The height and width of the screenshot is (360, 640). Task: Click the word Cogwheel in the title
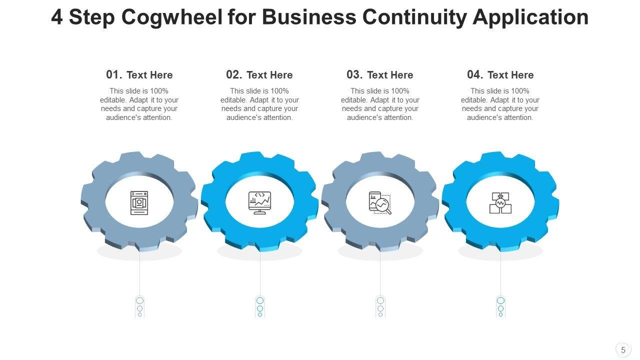pos(171,17)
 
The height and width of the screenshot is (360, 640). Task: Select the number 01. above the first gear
pos(114,75)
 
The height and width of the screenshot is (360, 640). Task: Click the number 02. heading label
pos(234,75)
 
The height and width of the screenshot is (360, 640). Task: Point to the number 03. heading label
pos(354,75)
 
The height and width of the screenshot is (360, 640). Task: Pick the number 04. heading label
pos(475,75)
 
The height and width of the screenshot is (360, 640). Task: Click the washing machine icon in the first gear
pos(139,202)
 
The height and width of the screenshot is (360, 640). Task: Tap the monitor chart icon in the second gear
pos(259,202)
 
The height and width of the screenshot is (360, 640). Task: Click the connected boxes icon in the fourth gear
pos(500,202)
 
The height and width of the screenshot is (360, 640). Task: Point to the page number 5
pos(623,350)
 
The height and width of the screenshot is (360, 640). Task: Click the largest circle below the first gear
pos(139,300)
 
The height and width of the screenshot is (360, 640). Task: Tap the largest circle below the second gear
pos(260,300)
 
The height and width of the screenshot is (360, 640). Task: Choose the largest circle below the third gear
pos(380,300)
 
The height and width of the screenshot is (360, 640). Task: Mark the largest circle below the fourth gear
pos(500,300)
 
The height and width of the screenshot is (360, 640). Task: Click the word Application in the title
pos(530,17)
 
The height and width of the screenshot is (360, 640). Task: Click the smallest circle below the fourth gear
pos(500,314)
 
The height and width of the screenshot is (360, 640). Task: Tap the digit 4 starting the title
pos(57,17)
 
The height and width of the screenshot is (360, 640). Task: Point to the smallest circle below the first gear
pos(139,314)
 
